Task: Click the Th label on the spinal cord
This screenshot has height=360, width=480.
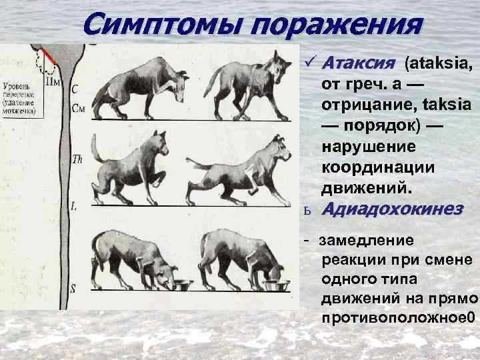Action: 76,159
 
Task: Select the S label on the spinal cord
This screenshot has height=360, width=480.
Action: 75,288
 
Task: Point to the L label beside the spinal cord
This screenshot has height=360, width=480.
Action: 74,207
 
